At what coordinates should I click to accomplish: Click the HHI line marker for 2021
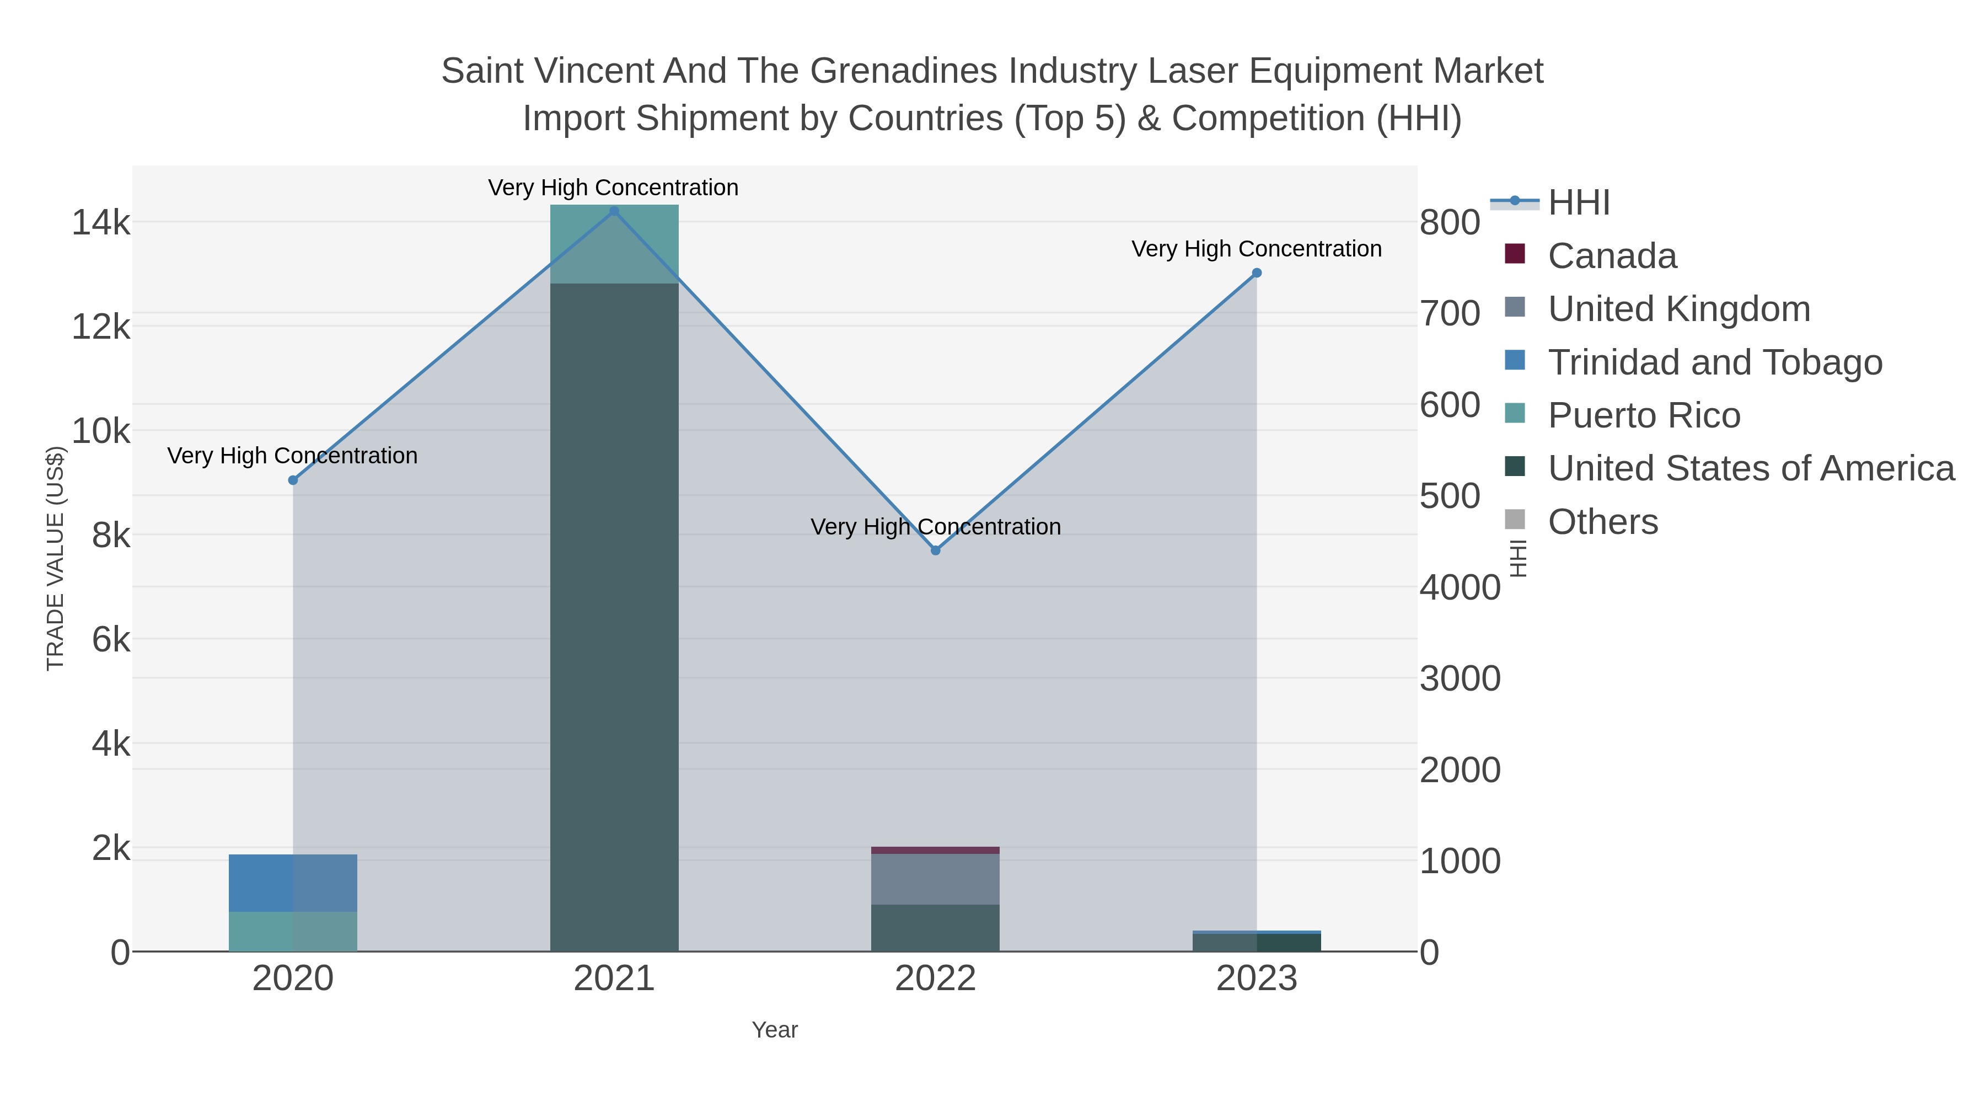click(x=614, y=211)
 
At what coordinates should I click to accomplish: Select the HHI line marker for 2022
click(x=936, y=551)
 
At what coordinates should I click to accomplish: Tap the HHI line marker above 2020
click(x=293, y=480)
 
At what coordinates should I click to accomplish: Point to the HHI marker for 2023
click(x=1257, y=273)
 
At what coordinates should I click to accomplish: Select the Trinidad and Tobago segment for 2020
click(x=293, y=883)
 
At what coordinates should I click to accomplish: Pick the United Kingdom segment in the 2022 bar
click(x=936, y=879)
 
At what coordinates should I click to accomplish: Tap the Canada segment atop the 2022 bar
click(x=936, y=850)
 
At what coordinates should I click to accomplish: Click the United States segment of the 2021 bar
click(x=614, y=617)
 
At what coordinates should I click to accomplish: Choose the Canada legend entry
click(x=1612, y=256)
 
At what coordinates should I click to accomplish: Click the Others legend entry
click(x=1603, y=522)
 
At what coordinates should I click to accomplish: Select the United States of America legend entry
click(x=1751, y=469)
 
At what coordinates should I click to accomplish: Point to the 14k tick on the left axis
click(x=101, y=223)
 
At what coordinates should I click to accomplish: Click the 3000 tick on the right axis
click(x=1460, y=679)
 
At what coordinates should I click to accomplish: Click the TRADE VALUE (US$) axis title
click(x=56, y=558)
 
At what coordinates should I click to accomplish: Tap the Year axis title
click(x=775, y=1030)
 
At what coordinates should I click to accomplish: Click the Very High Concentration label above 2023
click(x=1256, y=249)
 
